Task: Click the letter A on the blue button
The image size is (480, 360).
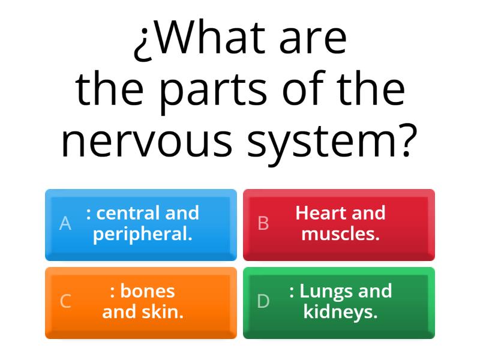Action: (65, 224)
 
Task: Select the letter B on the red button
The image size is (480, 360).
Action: (263, 224)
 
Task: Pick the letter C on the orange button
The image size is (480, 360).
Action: (65, 301)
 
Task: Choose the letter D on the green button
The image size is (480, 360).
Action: (263, 301)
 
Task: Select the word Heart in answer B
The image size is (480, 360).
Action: (320, 213)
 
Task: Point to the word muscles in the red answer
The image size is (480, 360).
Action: (340, 234)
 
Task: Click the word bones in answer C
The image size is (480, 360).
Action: (148, 291)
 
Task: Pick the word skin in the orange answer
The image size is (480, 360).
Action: (165, 312)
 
